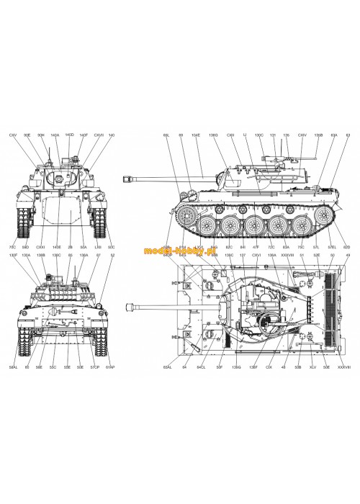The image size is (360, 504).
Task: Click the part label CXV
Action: pyautogui.click(x=12, y=135)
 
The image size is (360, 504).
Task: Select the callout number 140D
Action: pyautogui.click(x=70, y=135)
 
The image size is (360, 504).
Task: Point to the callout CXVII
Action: pyautogui.click(x=99, y=135)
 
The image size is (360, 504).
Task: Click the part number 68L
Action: pyautogui.click(x=166, y=135)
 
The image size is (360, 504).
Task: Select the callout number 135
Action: pyautogui.click(x=286, y=135)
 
